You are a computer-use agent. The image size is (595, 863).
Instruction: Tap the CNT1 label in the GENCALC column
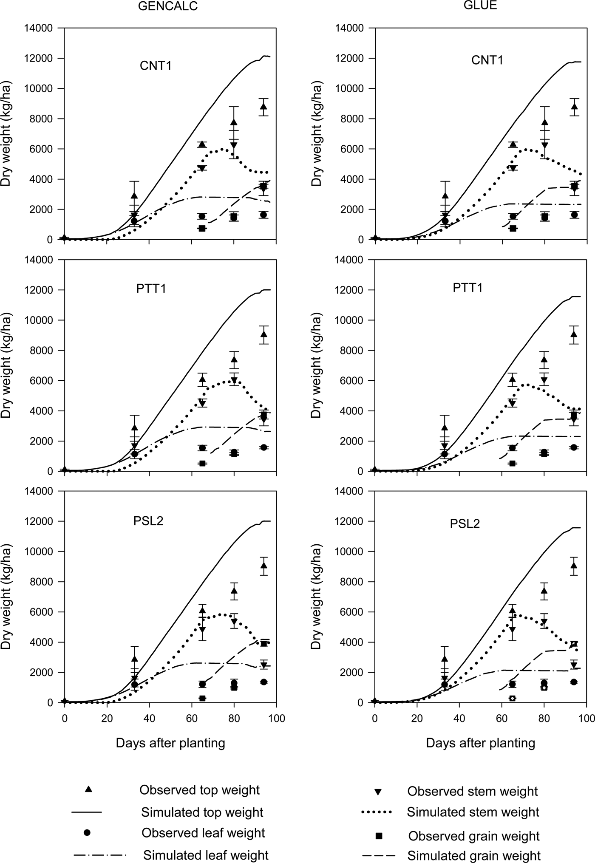pos(156,66)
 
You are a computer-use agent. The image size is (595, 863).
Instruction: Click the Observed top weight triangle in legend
pos(88,789)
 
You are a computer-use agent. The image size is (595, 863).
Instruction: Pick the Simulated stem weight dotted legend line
pos(376,812)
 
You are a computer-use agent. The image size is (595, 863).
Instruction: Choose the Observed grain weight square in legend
pos(379,836)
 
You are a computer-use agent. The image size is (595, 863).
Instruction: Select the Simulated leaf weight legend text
pos(206,855)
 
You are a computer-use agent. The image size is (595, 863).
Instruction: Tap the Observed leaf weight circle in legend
pos(87,833)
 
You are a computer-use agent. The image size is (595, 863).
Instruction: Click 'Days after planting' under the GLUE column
pos(480,743)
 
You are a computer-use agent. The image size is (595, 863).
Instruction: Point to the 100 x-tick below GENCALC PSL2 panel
pos(277,718)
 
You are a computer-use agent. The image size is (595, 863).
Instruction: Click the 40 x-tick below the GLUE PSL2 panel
pos(459,718)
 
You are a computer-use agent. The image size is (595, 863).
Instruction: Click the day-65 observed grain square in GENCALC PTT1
pos(203,463)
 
